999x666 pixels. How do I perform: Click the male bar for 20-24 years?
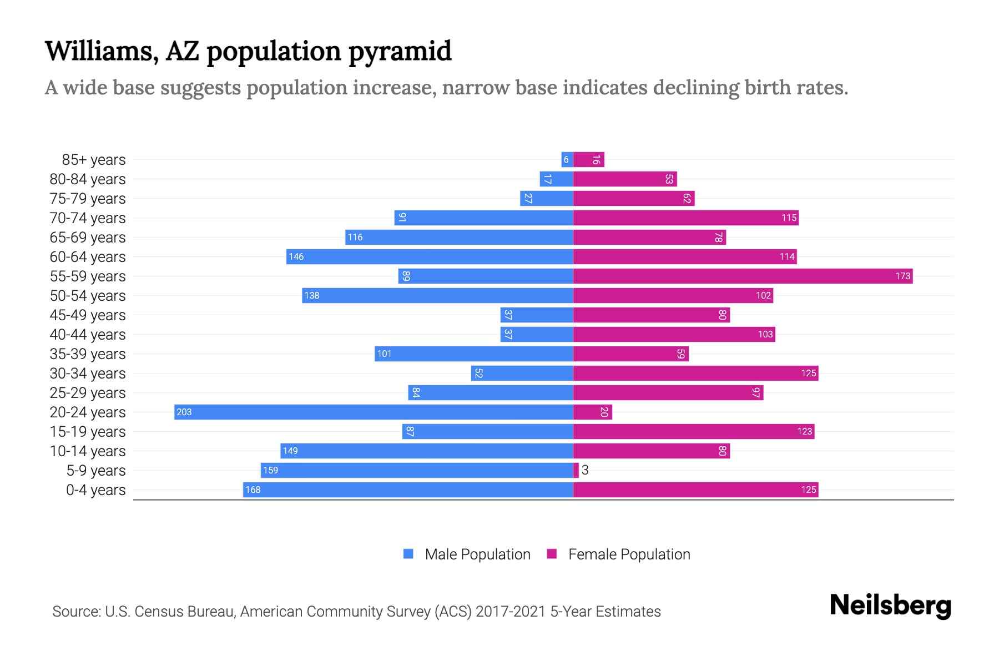coord(373,412)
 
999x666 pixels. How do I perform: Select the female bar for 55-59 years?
coord(743,276)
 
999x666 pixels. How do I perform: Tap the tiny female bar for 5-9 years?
coord(576,470)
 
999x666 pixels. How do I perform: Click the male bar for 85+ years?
coord(567,159)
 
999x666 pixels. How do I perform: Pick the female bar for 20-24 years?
coord(592,412)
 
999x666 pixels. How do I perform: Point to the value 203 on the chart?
coord(184,412)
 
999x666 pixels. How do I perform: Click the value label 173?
coord(902,276)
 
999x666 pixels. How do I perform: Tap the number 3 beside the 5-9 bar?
coord(585,470)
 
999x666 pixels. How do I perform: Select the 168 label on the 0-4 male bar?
coord(253,490)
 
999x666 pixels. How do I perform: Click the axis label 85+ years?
coord(94,160)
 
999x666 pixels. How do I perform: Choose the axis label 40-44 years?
coord(88,335)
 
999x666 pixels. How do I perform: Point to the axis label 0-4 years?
coord(95,490)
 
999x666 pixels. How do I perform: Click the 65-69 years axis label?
coord(88,238)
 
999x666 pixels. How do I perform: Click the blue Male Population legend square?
coord(408,554)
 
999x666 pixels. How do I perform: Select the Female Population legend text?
coord(629,554)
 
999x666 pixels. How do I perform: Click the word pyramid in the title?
coord(400,51)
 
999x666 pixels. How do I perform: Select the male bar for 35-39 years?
coord(473,354)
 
